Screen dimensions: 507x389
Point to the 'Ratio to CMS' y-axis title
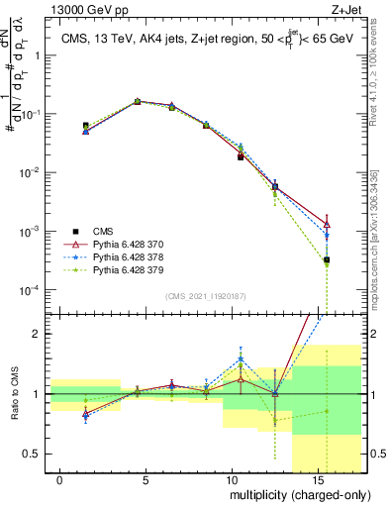(x=14, y=406)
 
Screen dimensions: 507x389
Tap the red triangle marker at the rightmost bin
(x=327, y=225)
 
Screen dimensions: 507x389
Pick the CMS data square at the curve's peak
(x=138, y=101)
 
